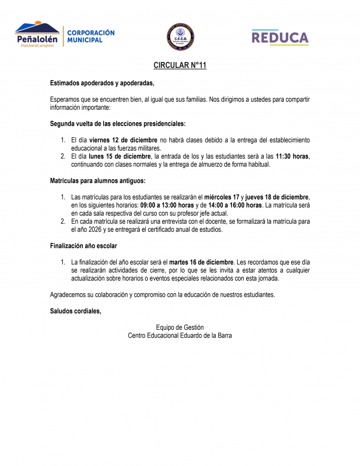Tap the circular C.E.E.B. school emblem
pyautogui.click(x=180, y=36)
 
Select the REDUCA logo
pyautogui.click(x=280, y=37)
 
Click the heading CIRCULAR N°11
pyautogui.click(x=180, y=66)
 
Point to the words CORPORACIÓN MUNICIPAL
pyautogui.click(x=90, y=36)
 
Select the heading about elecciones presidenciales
pyautogui.click(x=118, y=123)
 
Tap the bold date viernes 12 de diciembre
pyautogui.click(x=123, y=140)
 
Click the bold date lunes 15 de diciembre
pyautogui.click(x=119, y=157)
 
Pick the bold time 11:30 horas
pyautogui.click(x=292, y=157)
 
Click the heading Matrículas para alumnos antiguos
pyautogui.click(x=98, y=181)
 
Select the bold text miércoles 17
pyautogui.click(x=222, y=197)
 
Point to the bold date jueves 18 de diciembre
pyautogui.click(x=277, y=197)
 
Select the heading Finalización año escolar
pyautogui.click(x=83, y=246)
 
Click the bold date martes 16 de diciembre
pyautogui.click(x=201, y=262)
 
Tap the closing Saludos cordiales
pyautogui.click(x=76, y=311)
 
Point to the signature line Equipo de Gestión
pyautogui.click(x=180, y=328)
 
